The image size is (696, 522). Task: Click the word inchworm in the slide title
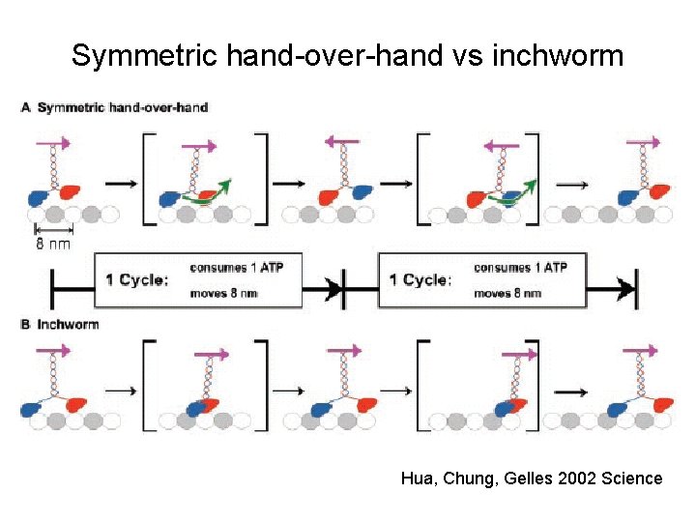click(558, 56)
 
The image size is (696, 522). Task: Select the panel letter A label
click(26, 107)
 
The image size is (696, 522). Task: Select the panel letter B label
click(26, 325)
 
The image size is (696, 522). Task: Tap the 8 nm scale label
click(54, 244)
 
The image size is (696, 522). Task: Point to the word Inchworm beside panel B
click(68, 325)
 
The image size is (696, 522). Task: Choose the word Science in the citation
click(630, 478)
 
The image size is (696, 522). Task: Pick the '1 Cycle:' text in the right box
click(420, 280)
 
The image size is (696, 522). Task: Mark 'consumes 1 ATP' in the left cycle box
click(237, 268)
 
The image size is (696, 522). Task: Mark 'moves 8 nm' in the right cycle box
click(507, 293)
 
